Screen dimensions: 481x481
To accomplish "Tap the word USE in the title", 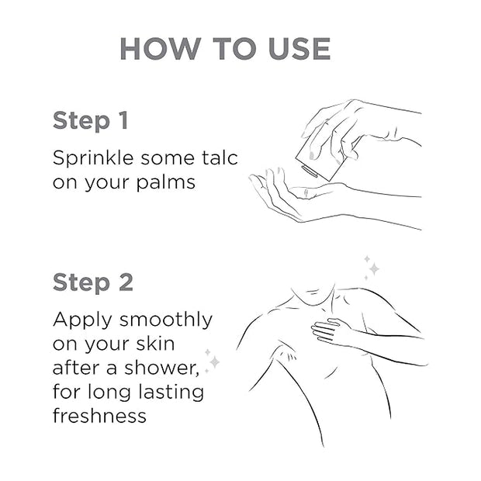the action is click(x=299, y=48).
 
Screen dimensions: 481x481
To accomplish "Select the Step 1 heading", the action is click(x=91, y=121).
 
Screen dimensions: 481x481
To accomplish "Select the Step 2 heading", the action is click(x=93, y=282).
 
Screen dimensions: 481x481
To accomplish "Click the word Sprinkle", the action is click(x=93, y=159).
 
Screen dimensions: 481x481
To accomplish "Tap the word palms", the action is click(x=166, y=183).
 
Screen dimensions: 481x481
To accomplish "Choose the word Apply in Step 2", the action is click(x=82, y=320).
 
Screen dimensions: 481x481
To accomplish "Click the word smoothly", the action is click(x=166, y=320).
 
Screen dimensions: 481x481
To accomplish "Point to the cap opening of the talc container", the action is click(x=310, y=171).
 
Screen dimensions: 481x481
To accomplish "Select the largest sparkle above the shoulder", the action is click(x=374, y=268).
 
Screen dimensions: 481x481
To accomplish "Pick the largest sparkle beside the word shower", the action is click(x=214, y=362).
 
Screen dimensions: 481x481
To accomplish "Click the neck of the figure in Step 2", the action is click(x=313, y=295).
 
